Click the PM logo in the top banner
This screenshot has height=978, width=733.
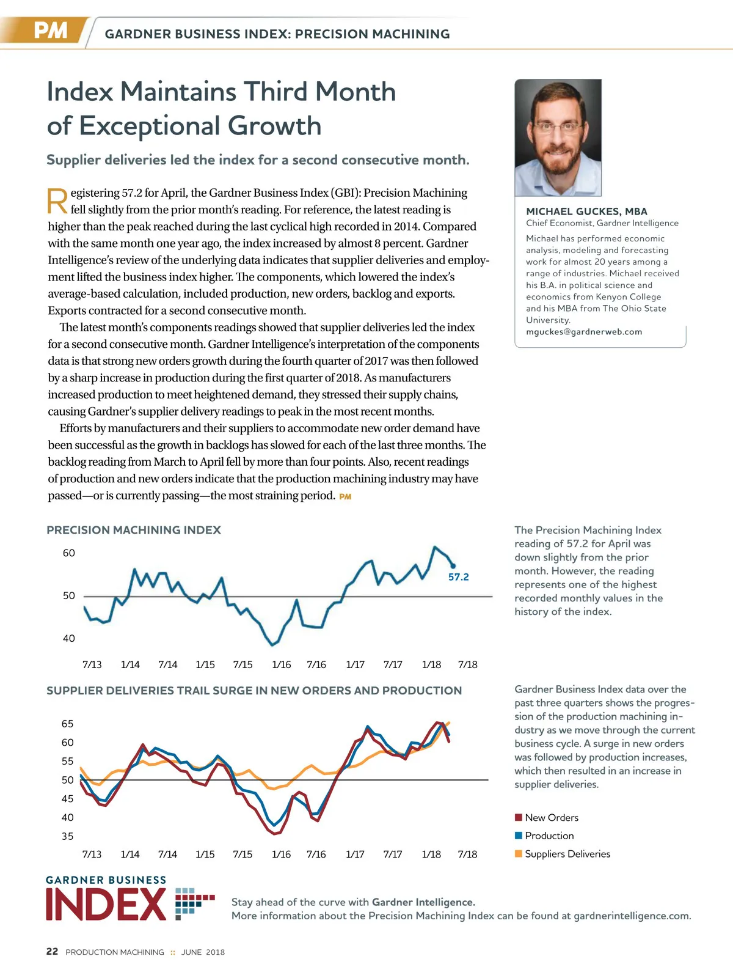[x=50, y=31]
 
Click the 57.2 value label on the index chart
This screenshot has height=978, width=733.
[x=458, y=577]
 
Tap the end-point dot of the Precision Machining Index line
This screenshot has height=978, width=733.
[x=453, y=566]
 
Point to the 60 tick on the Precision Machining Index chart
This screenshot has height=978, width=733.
[x=69, y=553]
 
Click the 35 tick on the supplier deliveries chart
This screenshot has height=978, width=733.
[x=67, y=836]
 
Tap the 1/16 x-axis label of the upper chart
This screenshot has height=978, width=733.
[x=281, y=664]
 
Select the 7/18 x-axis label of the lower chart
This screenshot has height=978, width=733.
[x=467, y=854]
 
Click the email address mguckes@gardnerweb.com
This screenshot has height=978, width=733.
[x=584, y=332]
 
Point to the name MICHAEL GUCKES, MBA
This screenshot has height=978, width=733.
[x=586, y=211]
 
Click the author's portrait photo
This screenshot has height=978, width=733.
[x=558, y=138]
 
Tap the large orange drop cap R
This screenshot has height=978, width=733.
[x=57, y=202]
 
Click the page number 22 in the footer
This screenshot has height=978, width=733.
[x=53, y=952]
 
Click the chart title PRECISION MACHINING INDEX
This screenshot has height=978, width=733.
[x=134, y=530]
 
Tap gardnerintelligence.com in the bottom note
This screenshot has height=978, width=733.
[x=632, y=916]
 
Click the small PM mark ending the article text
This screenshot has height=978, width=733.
[x=345, y=497]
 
